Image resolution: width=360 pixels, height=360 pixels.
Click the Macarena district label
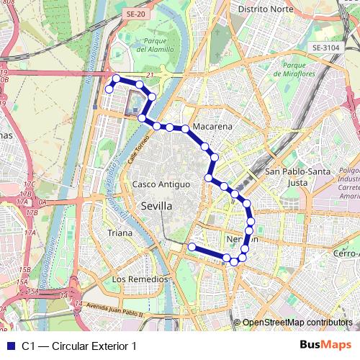pos(212,126)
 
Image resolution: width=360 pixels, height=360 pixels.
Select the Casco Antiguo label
pos(161,184)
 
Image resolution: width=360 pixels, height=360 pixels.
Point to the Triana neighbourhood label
pos(120,233)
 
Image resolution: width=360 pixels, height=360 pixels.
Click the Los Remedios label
pos(140,279)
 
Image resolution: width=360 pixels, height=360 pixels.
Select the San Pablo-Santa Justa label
pos(297,177)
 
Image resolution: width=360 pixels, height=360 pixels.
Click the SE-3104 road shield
pos(325,48)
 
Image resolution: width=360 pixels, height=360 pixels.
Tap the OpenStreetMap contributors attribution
pos(297,323)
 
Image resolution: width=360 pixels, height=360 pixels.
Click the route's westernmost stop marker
pos(109,89)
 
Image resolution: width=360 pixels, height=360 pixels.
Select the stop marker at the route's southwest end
pos(192,247)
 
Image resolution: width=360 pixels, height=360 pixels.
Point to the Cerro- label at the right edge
pos(346,253)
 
